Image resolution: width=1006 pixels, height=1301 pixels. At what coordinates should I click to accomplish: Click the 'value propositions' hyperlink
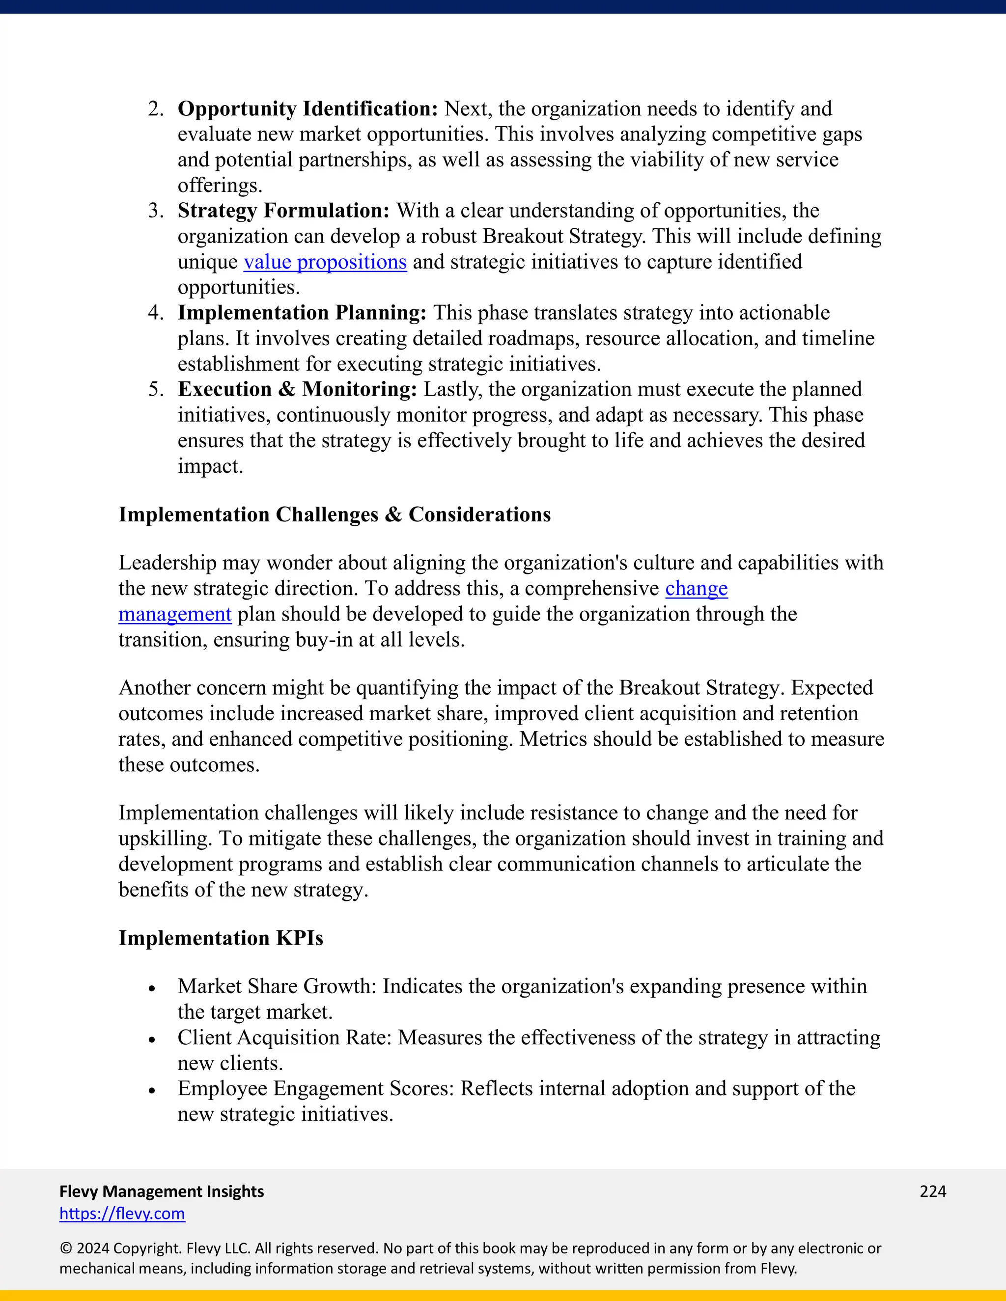325,262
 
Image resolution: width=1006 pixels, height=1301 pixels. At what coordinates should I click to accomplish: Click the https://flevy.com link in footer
122,1214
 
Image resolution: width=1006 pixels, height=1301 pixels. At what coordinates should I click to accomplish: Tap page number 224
933,1192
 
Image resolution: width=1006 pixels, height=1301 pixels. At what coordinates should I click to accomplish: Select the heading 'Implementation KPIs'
221,938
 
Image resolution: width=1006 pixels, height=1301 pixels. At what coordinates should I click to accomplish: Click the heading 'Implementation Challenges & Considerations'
335,515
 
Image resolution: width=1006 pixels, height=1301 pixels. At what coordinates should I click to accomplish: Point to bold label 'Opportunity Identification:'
307,109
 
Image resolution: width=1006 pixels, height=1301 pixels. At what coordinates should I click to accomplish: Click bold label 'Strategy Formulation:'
283,211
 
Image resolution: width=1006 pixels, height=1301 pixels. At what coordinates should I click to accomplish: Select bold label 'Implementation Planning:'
302,313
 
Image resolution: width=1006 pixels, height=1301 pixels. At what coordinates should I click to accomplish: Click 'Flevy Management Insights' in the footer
162,1192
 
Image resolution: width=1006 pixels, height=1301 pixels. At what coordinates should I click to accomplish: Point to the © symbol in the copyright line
65,1248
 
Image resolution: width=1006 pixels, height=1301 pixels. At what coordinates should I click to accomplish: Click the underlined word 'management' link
174,614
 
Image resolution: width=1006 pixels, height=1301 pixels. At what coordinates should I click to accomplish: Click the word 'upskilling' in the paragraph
164,839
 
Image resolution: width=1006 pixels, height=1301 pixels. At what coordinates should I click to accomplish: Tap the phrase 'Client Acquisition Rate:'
284,1038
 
